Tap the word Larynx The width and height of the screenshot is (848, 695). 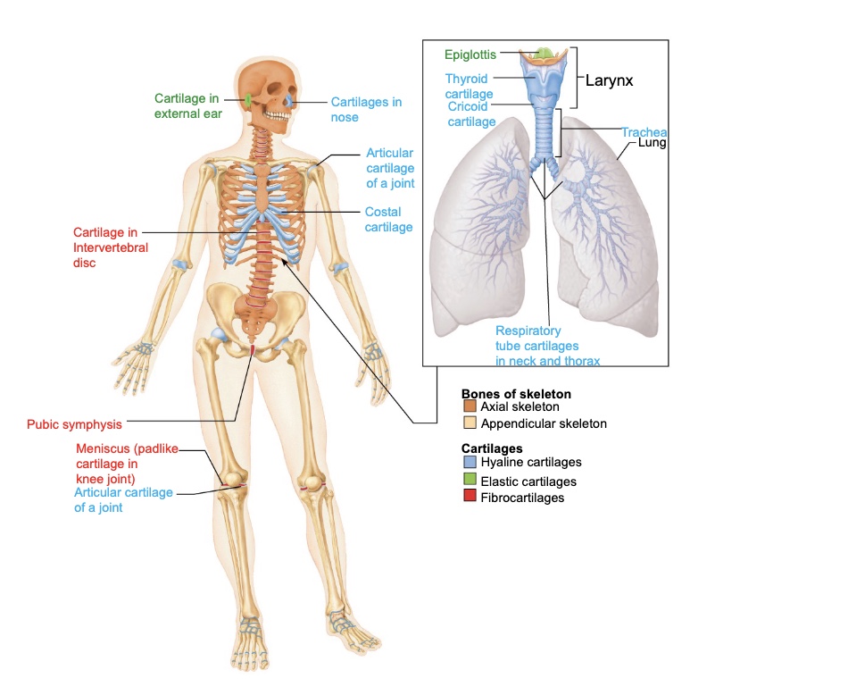click(609, 80)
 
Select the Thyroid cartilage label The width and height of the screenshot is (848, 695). click(469, 86)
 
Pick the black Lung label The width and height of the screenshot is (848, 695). click(653, 143)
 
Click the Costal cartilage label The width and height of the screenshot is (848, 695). click(388, 220)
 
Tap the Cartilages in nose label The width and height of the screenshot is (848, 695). click(366, 109)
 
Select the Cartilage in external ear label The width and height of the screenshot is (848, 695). click(188, 105)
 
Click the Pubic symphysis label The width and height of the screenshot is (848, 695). click(74, 424)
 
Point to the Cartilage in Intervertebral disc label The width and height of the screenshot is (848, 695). click(111, 247)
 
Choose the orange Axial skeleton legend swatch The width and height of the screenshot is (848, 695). click(470, 407)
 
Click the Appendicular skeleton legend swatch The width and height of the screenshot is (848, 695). click(470, 423)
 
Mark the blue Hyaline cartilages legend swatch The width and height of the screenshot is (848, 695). click(470, 463)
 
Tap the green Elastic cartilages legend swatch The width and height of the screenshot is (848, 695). click(470, 481)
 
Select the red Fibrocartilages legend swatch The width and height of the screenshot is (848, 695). click(470, 498)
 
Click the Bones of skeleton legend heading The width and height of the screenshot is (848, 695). click(516, 393)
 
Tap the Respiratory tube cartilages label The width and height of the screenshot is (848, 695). click(547, 346)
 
